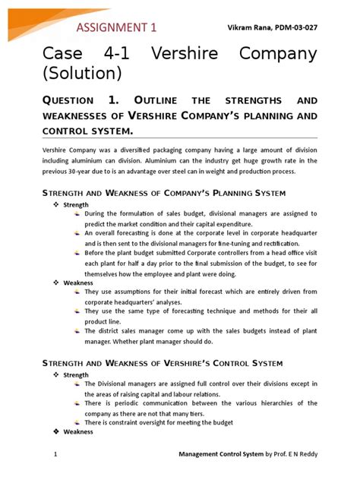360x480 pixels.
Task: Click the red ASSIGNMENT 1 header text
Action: click(116, 28)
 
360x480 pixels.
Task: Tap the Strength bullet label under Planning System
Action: click(76, 205)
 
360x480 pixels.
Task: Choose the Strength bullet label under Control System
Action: click(76, 375)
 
